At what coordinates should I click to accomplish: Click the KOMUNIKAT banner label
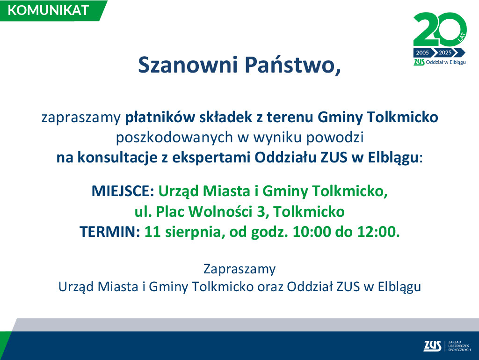tap(48, 10)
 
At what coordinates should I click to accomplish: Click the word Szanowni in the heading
tap(188, 65)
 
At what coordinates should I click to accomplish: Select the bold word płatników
tap(160, 118)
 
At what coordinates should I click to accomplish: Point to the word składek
tap(226, 117)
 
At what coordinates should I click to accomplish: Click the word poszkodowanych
tap(174, 138)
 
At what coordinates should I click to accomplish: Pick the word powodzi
tap(335, 138)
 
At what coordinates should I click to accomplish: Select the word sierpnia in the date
tap(193, 232)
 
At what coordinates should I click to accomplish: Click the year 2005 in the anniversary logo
tap(422, 52)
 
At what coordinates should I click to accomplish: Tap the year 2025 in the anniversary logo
tap(445, 52)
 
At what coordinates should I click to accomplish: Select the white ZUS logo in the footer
tap(432, 345)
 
